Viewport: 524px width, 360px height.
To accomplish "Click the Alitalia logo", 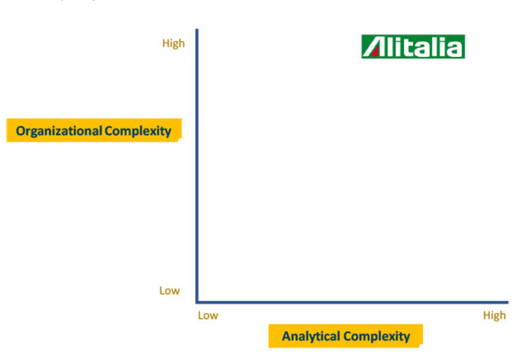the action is [x=413, y=47].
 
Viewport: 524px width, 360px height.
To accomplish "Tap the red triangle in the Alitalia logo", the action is [x=375, y=52].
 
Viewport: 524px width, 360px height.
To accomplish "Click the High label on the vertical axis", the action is [x=174, y=44].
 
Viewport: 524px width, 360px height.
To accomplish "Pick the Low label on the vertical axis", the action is [x=170, y=290].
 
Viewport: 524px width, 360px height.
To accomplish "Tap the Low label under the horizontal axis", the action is [x=208, y=315].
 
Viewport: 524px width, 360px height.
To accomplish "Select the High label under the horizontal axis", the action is [x=494, y=316].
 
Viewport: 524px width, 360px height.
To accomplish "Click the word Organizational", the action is [x=59, y=131].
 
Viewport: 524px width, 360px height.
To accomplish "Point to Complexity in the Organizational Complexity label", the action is [x=137, y=131].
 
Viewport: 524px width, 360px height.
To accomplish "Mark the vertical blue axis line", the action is [x=197, y=166].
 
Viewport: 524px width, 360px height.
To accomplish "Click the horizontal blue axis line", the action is [x=352, y=302].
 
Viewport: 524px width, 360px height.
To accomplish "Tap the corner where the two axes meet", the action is [x=197, y=302].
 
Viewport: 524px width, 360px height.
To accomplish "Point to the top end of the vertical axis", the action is [x=197, y=29].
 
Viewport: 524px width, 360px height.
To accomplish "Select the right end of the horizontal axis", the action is [x=508, y=302].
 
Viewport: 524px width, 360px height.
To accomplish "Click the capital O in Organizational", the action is [x=21, y=131].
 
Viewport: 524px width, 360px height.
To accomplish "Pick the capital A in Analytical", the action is [x=286, y=336].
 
